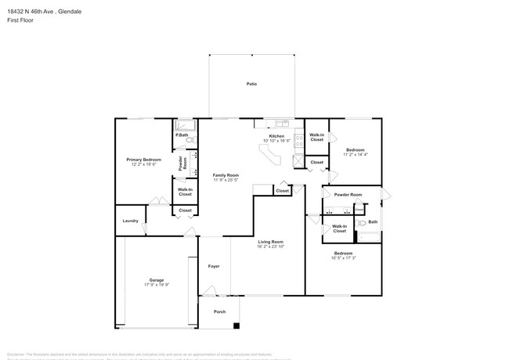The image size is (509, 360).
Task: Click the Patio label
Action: [251, 83]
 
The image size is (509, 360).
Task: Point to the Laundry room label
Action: [130, 221]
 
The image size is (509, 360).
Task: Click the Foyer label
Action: [213, 266]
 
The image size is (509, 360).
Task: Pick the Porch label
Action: [220, 311]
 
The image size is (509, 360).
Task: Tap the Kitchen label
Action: [276, 136]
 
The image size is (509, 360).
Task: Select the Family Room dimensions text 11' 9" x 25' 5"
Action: [226, 180]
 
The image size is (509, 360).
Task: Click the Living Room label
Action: [271, 242]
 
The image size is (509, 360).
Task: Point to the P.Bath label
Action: [181, 135]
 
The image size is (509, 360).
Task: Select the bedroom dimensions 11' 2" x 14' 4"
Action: [355, 154]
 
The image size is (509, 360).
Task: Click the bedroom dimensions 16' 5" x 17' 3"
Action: [343, 258]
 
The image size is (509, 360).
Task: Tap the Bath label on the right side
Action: [373, 222]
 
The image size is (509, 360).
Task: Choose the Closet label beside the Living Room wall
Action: [282, 190]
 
